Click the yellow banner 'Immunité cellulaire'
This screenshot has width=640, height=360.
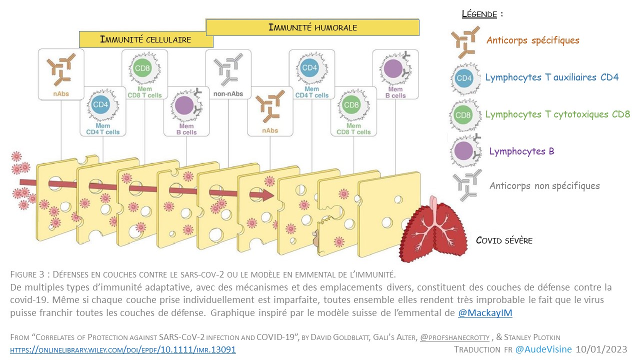point(145,39)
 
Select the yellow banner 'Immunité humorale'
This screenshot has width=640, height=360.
point(312,27)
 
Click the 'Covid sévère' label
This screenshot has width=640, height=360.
point(504,240)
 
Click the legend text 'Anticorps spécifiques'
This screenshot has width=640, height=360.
point(532,40)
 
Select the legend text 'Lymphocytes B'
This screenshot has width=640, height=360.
point(521,151)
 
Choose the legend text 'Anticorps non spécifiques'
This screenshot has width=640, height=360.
point(544,185)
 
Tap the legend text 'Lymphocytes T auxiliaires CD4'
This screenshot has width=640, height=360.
point(551,77)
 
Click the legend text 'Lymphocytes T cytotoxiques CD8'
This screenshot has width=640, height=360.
point(557,114)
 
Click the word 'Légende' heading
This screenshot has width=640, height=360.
point(479,14)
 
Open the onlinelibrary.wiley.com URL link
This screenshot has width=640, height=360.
point(123,349)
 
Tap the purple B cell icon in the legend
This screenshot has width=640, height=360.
point(464,151)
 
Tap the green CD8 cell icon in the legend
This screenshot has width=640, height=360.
point(464,114)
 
